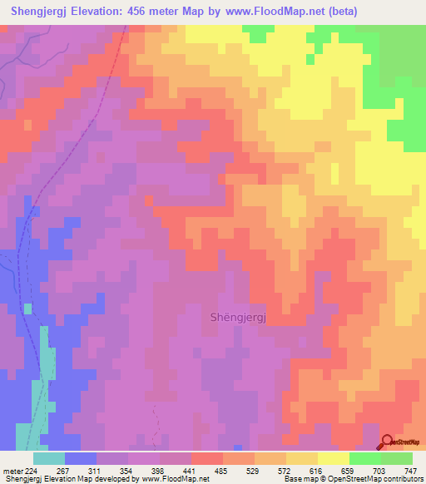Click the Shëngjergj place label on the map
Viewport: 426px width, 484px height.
[x=235, y=315]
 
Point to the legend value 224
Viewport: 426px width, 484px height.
[x=31, y=470]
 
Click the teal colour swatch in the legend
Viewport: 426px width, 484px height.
[x=49, y=458]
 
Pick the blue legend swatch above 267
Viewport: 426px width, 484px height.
[x=81, y=458]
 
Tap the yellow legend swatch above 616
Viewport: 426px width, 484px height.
[x=334, y=458]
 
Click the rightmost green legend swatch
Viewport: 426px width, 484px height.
[x=397, y=458]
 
